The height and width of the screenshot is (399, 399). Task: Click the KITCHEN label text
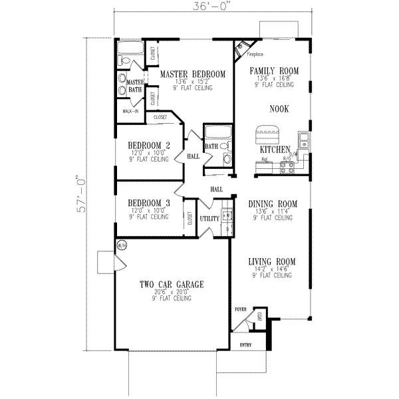[277, 150]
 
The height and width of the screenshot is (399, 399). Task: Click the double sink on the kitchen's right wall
[303, 140]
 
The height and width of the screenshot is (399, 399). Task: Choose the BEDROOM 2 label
[149, 146]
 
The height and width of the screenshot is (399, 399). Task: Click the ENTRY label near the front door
[245, 344]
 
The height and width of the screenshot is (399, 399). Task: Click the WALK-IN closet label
[130, 110]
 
